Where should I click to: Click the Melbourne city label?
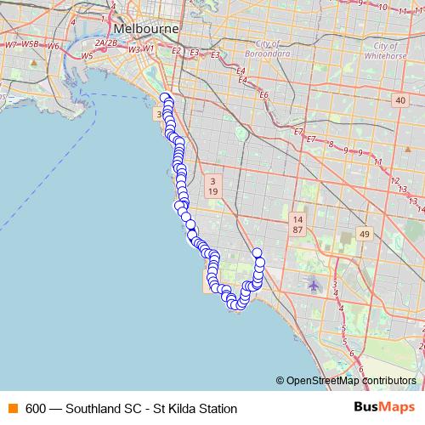point(146,28)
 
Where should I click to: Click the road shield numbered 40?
point(399,100)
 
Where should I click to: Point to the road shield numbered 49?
point(365,234)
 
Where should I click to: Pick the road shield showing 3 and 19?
point(212,186)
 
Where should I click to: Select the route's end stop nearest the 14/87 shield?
point(258,252)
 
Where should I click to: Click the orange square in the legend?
point(14,408)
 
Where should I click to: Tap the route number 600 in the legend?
point(36,408)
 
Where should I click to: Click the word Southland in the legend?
point(93,408)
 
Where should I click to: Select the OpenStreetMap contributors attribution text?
point(351,381)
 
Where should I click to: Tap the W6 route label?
point(53,46)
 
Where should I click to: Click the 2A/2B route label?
point(106,42)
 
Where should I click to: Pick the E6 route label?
point(263,94)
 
